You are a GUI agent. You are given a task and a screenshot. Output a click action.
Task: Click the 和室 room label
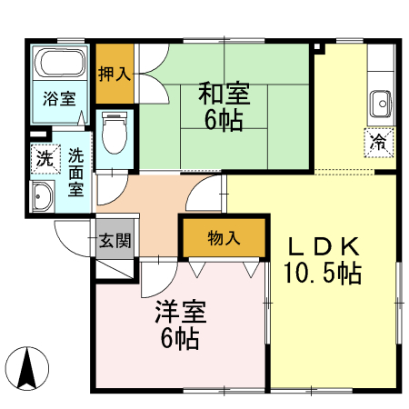coord(223,94)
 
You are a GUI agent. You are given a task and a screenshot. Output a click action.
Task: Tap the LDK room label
coord(324,245)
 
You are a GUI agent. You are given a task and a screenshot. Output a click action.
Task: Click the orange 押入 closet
coord(115,73)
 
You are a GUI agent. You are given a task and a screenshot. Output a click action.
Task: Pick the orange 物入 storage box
coord(224,238)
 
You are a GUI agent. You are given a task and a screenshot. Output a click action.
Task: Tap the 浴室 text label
coord(60,99)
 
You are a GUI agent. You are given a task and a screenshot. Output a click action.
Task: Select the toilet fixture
coord(114,135)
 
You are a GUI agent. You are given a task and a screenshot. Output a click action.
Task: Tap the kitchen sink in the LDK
coord(380,102)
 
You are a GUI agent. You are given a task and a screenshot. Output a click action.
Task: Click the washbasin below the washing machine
coord(42,195)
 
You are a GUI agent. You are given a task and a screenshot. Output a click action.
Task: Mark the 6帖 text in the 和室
coord(223,121)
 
